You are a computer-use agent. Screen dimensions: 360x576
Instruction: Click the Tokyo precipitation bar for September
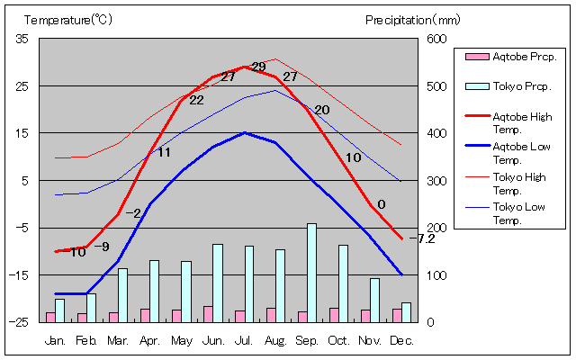pos(311,273)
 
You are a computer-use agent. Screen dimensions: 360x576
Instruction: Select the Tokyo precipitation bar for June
pos(217,283)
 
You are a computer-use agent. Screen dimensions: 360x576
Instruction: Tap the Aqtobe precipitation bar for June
pos(208,314)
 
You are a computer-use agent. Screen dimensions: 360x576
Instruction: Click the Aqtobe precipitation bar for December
pos(397,315)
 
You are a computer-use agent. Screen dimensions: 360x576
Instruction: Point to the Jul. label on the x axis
pos(244,340)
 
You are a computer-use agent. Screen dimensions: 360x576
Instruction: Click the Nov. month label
pos(370,340)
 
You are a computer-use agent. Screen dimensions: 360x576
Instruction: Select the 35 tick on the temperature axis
pos(22,39)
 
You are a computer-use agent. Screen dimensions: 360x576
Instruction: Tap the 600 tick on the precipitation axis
pos(436,39)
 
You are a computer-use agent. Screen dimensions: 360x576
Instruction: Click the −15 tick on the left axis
pos(20,274)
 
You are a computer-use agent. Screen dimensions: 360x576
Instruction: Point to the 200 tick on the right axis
pos(436,228)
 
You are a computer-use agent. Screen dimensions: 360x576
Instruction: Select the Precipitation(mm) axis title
pos(412,19)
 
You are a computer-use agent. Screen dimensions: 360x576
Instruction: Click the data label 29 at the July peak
pos(258,67)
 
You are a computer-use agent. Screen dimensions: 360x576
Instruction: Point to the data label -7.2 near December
pos(426,238)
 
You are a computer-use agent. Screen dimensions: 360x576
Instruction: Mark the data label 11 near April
pos(164,152)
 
